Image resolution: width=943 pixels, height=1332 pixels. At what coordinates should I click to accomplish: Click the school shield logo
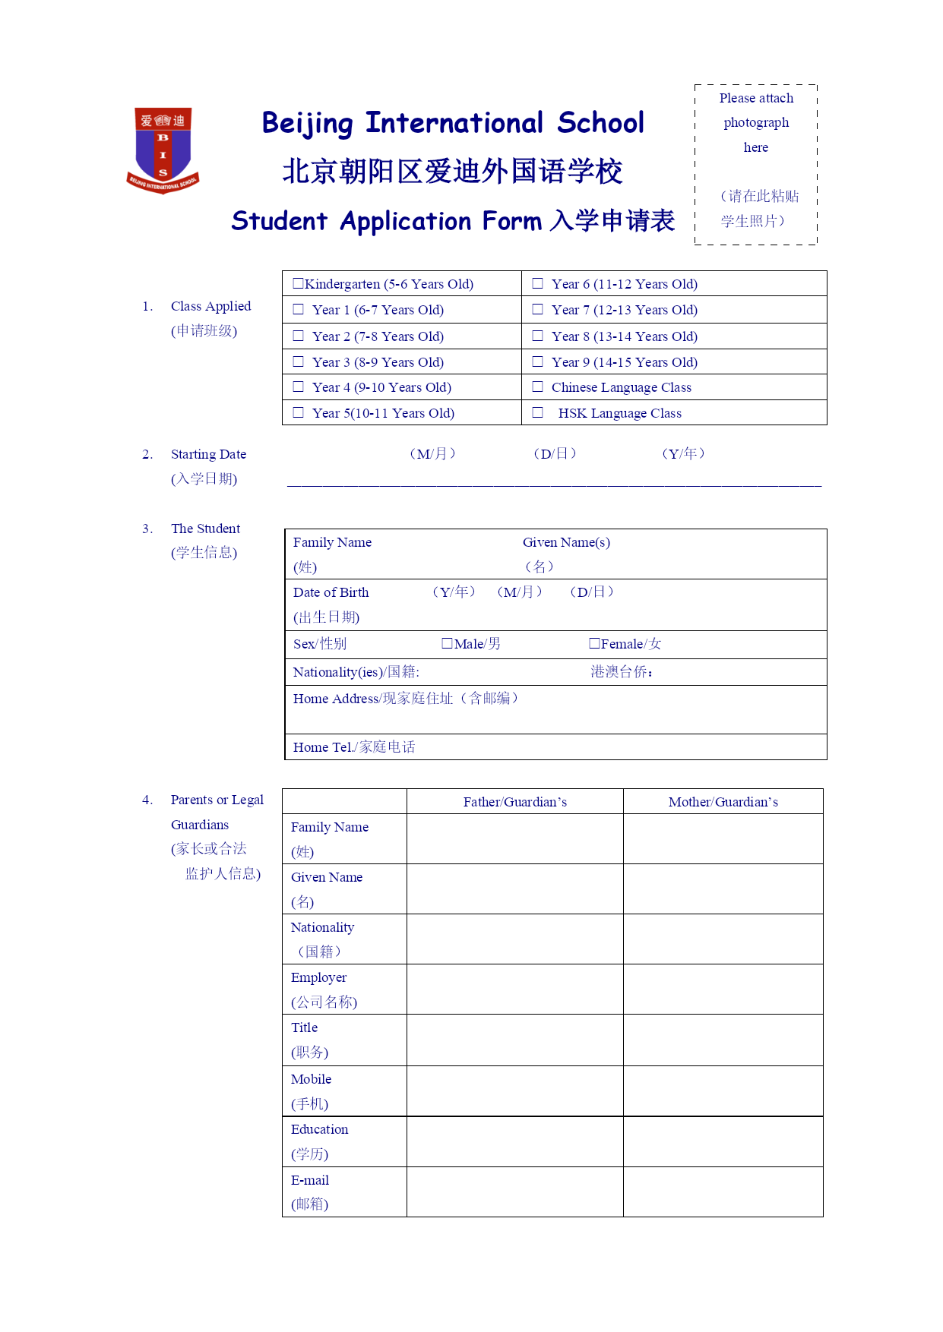163,150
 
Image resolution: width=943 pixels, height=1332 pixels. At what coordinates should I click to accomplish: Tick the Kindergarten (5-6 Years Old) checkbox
298,284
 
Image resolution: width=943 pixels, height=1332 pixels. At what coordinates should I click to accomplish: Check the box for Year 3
298,362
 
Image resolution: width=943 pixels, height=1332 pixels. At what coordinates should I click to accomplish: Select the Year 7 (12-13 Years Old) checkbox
537,310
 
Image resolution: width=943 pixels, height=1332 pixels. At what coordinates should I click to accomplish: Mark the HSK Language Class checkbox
537,413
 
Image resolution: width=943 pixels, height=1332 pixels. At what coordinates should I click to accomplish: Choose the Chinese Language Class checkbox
537,387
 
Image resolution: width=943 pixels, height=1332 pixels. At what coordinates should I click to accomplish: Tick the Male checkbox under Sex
447,644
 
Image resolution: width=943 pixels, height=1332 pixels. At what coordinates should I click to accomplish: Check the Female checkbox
594,644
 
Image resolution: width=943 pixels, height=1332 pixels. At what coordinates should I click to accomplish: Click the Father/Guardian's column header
514,802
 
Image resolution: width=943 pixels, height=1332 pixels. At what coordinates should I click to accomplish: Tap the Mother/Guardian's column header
723,802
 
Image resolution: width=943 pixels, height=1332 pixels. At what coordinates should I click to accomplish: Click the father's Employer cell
514,990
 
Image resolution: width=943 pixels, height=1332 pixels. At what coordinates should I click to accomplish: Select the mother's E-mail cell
723,1192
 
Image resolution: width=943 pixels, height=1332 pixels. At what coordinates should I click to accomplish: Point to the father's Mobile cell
514,1091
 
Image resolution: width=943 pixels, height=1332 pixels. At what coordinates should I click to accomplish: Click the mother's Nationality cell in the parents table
723,939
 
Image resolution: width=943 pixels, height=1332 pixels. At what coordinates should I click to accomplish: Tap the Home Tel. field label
354,747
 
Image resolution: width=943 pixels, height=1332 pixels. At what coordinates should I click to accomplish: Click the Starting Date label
208,455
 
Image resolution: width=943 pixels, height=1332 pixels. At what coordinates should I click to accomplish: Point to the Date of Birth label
331,593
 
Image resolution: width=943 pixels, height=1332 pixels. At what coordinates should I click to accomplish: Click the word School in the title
600,123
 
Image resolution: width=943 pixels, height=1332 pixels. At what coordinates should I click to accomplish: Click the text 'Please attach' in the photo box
756,99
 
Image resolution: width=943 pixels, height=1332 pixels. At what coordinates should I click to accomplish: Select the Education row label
319,1130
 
